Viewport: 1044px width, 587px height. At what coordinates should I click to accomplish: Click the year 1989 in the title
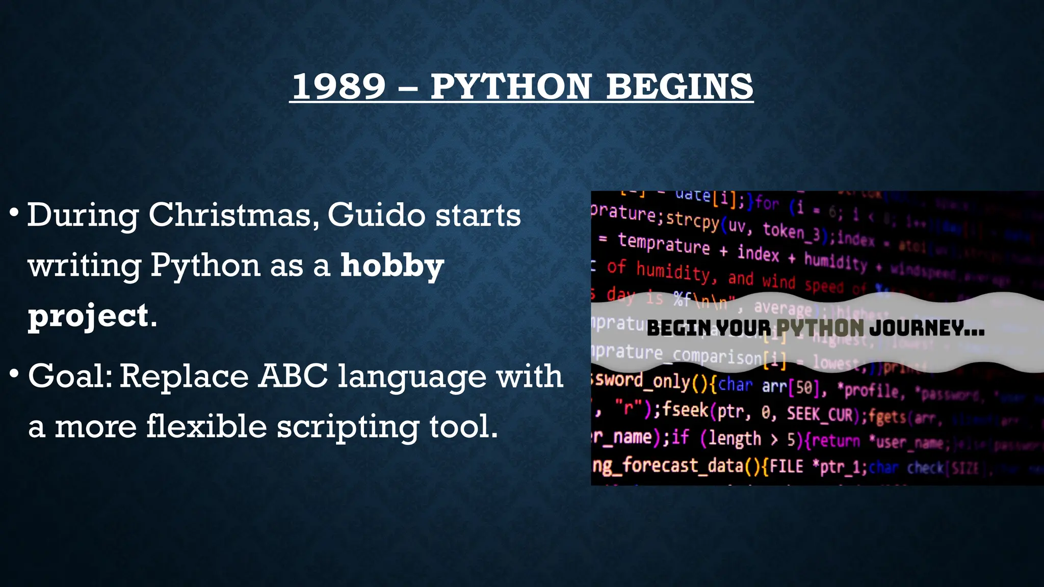click(338, 86)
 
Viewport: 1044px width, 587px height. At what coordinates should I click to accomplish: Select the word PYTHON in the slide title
click(510, 86)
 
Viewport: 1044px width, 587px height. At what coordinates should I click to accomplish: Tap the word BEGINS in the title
click(680, 86)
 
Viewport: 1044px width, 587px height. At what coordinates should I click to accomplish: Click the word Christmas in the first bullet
click(230, 215)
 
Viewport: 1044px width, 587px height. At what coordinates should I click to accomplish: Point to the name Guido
click(376, 215)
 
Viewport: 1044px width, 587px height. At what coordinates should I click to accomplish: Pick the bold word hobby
click(392, 265)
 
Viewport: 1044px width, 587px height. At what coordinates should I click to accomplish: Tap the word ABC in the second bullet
click(294, 376)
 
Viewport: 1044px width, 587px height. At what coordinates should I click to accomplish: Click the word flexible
click(206, 426)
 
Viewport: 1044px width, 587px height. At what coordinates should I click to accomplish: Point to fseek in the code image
click(686, 409)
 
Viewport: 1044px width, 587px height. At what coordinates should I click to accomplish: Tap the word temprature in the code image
click(664, 243)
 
